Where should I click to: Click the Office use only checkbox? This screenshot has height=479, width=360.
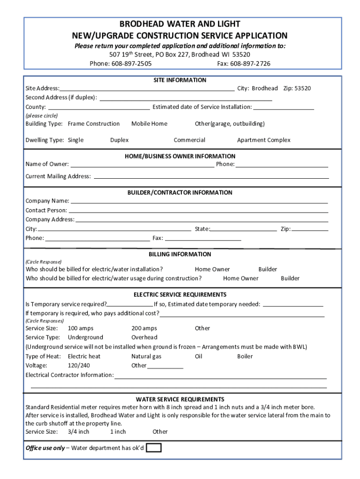pyautogui.click(x=154, y=448)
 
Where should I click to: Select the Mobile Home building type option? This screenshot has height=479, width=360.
pyautogui.click(x=149, y=123)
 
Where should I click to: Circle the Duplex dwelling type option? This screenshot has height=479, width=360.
pyautogui.click(x=119, y=140)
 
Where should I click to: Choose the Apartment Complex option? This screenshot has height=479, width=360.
pyautogui.click(x=264, y=140)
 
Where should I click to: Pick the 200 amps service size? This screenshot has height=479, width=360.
pyautogui.click(x=144, y=328)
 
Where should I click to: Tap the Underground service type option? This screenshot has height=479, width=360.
pyautogui.click(x=86, y=337)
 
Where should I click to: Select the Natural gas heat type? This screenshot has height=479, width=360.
pyautogui.click(x=146, y=356)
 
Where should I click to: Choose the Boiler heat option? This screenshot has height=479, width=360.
pyautogui.click(x=245, y=356)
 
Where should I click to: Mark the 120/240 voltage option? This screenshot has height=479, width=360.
pyautogui.click(x=79, y=365)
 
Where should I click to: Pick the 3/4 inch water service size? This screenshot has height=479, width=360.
pyautogui.click(x=79, y=431)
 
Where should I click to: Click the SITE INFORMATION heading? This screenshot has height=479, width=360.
pyautogui.click(x=180, y=80)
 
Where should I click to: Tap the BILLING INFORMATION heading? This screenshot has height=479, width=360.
pyautogui.click(x=180, y=254)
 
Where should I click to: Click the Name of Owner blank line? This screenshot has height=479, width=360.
pyautogui.click(x=142, y=165)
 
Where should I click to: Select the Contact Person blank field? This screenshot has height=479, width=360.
pyautogui.click(x=198, y=211)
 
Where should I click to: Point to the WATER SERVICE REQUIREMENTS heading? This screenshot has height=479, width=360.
pyautogui.click(x=180, y=399)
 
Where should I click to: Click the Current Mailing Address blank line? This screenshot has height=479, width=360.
pyautogui.click(x=211, y=177)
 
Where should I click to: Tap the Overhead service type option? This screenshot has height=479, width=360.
pyautogui.click(x=144, y=337)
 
